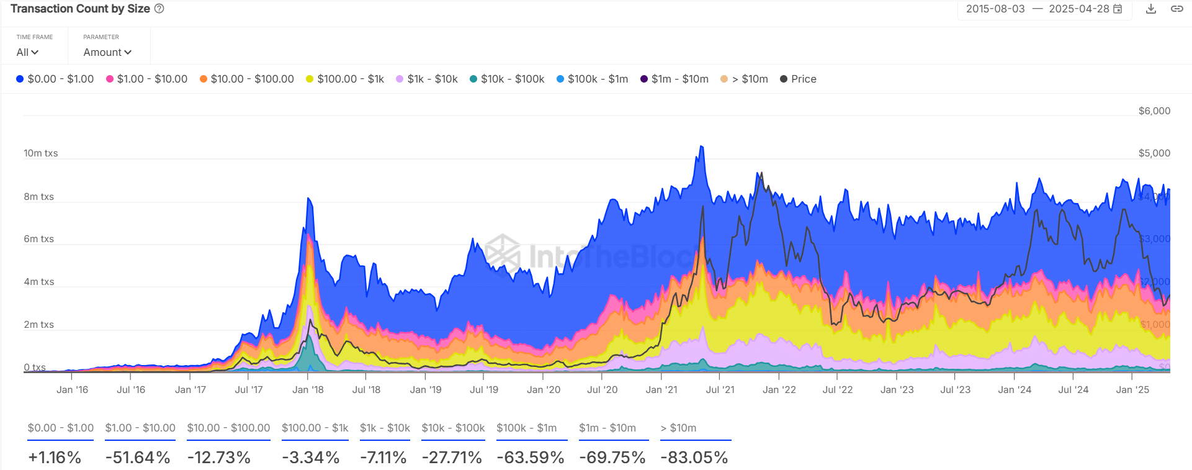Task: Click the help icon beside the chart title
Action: click(x=159, y=9)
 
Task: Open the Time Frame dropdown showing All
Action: click(x=27, y=52)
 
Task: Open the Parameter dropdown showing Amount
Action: click(x=107, y=52)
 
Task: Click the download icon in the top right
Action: click(x=1150, y=9)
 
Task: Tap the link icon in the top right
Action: click(x=1176, y=9)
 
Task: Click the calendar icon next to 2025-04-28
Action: click(x=1118, y=9)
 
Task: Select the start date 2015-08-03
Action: click(x=995, y=9)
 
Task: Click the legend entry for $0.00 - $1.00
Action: click(x=55, y=79)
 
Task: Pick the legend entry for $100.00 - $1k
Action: click(x=344, y=79)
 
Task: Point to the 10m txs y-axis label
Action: click(x=40, y=153)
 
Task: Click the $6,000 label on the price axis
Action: click(x=1154, y=111)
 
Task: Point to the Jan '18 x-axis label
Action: click(x=308, y=390)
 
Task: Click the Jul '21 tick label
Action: click(x=720, y=390)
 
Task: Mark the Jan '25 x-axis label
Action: click(x=1132, y=390)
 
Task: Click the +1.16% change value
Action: click(x=55, y=458)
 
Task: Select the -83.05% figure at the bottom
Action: click(x=694, y=458)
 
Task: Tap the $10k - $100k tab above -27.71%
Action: click(x=453, y=428)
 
